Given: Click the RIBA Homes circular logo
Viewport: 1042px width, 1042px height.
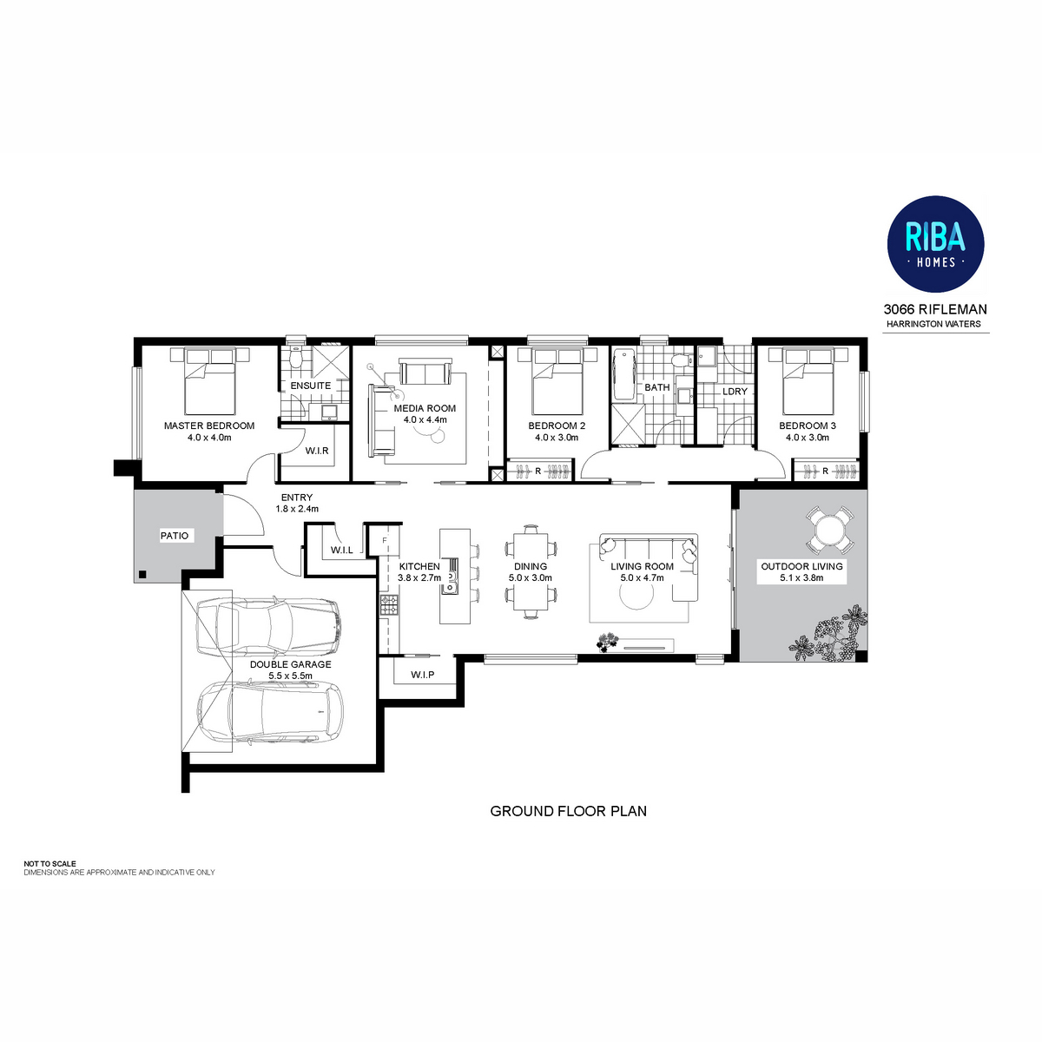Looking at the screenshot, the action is [x=934, y=244].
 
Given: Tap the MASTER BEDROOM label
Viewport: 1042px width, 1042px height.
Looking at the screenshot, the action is [x=209, y=425].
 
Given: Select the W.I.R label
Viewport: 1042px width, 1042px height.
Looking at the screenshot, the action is [x=316, y=451].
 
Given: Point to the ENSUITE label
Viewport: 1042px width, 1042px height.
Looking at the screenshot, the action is [x=310, y=386].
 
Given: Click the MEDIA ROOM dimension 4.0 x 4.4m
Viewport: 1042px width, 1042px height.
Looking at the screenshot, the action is [x=425, y=419].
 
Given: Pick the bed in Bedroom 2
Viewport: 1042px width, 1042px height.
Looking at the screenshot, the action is [x=557, y=381].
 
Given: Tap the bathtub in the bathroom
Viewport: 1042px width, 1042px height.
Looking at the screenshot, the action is [x=624, y=375].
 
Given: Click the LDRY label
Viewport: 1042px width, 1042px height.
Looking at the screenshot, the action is [x=735, y=391].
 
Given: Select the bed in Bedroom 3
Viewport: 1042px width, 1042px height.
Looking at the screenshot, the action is [x=808, y=381].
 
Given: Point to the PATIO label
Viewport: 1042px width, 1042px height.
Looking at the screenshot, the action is [x=175, y=536].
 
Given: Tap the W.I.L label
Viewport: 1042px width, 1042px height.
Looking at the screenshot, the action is [x=342, y=550].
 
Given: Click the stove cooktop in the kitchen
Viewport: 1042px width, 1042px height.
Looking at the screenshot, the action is [x=389, y=604].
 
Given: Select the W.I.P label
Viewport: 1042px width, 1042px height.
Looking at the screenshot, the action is [x=422, y=675].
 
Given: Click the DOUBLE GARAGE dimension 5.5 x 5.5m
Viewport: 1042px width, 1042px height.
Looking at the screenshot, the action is [x=290, y=676].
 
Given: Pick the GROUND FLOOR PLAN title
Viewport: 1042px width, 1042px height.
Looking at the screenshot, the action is [x=568, y=811].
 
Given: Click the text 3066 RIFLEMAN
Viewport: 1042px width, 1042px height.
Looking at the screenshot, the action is [x=935, y=309].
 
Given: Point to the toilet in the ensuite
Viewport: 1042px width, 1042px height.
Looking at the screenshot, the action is [x=294, y=356].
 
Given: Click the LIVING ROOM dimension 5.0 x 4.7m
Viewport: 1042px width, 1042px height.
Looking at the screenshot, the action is [x=642, y=577].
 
